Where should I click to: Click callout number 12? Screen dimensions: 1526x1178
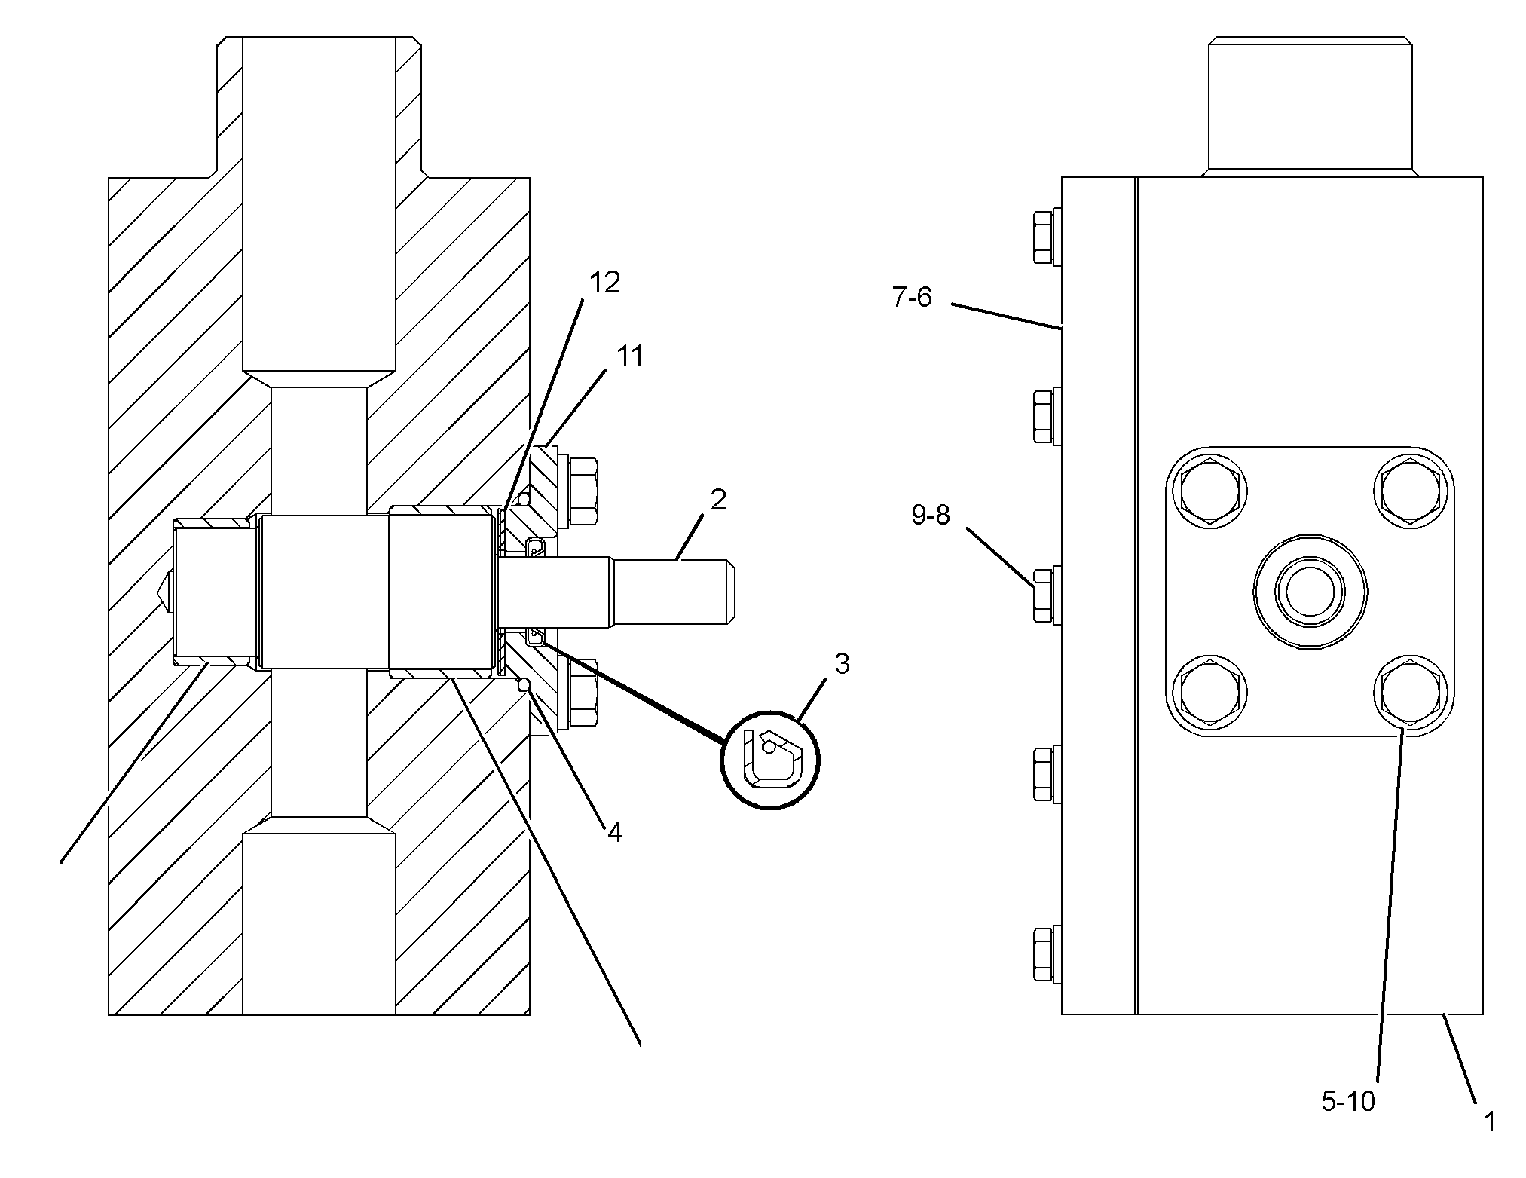604,283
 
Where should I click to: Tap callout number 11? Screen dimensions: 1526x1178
630,356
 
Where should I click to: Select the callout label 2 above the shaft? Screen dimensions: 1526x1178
718,499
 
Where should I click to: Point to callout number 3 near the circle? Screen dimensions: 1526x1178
842,664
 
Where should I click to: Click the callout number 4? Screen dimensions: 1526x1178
615,833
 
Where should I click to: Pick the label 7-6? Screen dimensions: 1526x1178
912,298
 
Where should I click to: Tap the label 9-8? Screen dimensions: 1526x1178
931,516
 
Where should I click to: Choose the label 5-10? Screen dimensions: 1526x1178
1348,1102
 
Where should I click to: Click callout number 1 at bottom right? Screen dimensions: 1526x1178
1489,1123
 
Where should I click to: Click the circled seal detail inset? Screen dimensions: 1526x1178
771,760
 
